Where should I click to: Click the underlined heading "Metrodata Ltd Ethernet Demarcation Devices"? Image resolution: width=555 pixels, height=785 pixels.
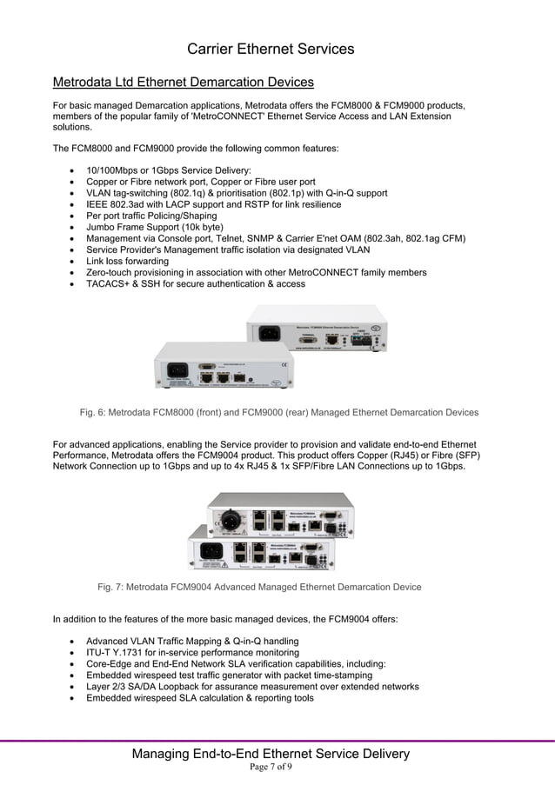tap(183, 83)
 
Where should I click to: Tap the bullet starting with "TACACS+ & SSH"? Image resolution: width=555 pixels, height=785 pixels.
tap(195, 283)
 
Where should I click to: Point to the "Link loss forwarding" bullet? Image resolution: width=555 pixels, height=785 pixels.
tap(127, 261)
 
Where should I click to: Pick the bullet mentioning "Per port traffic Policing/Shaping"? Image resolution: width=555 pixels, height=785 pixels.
tap(151, 216)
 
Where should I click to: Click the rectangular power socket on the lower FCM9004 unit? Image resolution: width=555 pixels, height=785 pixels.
tap(211, 550)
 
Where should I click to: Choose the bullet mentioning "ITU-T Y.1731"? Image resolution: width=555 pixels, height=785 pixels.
tap(192, 652)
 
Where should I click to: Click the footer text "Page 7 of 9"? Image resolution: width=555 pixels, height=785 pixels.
tap(271, 768)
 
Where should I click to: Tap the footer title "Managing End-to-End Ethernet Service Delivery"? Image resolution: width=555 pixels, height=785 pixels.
tap(271, 754)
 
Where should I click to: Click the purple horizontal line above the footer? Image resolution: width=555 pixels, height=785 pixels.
tap(277, 741)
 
